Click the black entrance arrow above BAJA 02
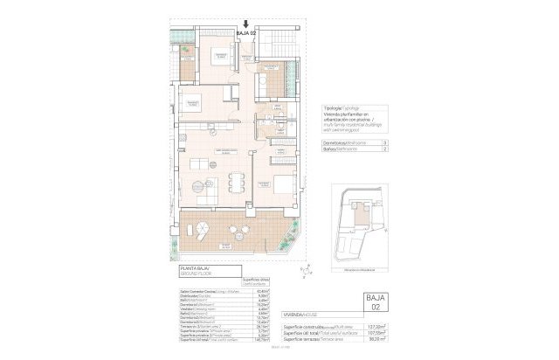tap(246, 26)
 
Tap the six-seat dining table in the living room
tap(231, 183)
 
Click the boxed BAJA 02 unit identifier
tap(373, 301)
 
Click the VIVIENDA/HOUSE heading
tap(300, 312)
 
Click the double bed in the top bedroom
tap(222, 56)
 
